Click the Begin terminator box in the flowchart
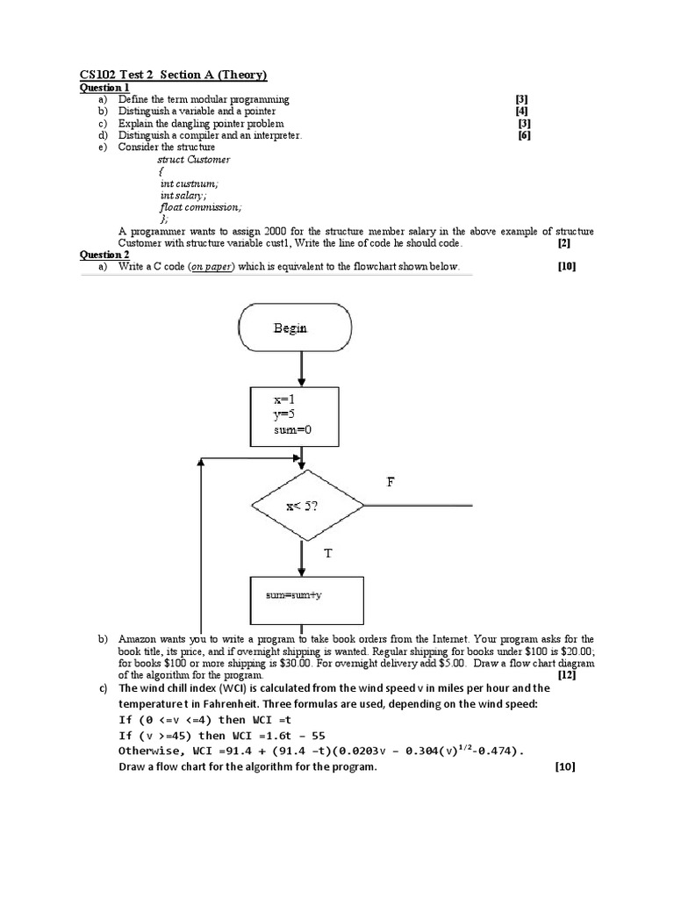(x=294, y=328)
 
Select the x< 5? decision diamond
(x=307, y=506)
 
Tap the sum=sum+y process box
(x=307, y=595)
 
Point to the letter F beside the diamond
(x=391, y=482)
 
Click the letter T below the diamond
(x=328, y=554)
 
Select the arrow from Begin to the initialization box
(x=302, y=369)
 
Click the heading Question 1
(x=104, y=88)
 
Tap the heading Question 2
(x=104, y=255)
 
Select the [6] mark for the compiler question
(x=525, y=136)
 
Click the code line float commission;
(x=200, y=207)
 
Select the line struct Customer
(x=193, y=160)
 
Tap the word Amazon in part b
(x=139, y=639)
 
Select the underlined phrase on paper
(x=214, y=267)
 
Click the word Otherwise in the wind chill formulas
(x=150, y=752)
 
